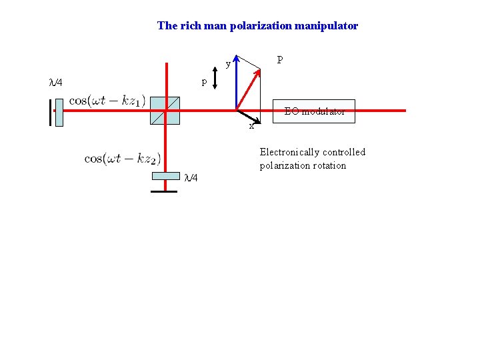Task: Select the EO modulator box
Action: coord(315,111)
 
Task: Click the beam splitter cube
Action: coord(165,110)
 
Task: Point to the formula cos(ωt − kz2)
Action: coord(123,158)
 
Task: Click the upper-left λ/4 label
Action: coord(56,83)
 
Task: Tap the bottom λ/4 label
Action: coord(191,177)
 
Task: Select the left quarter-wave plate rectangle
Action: coord(59,111)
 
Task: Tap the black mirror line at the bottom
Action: coord(164,192)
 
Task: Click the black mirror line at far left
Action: coord(49,112)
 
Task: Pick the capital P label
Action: coord(280,60)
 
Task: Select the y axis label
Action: coord(228,65)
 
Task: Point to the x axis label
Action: coord(251,126)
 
